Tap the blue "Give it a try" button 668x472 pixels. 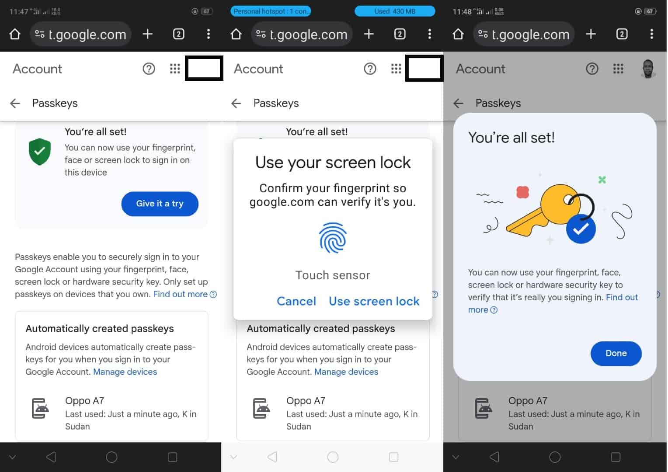[160, 204]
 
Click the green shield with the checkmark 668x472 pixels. [40, 152]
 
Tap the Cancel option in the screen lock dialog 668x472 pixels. [296, 301]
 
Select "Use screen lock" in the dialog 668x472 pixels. [374, 301]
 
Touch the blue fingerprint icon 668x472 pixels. [333, 238]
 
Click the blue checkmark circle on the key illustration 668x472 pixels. [581, 229]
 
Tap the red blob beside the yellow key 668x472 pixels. [522, 192]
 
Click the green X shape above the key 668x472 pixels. [602, 180]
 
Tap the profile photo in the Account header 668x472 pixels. [648, 69]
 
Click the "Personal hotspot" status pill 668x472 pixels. [271, 11]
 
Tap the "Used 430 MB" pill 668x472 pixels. [394, 11]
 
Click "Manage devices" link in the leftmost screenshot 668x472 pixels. [125, 372]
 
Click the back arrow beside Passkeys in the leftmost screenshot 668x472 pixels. [15, 103]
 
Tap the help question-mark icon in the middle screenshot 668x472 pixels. [370, 69]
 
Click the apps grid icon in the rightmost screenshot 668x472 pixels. [618, 69]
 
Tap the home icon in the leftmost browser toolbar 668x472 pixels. [15, 34]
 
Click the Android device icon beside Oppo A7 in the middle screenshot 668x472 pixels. [261, 408]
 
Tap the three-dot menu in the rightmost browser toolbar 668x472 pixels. [651, 34]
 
